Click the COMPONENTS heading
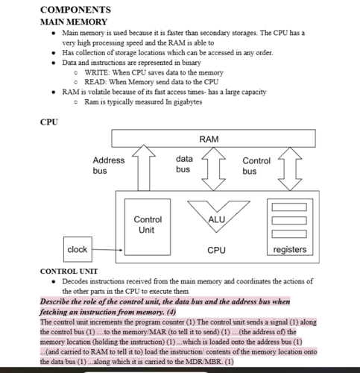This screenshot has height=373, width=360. pyautogui.click(x=75, y=10)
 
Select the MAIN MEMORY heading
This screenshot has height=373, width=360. pyautogui.click(x=74, y=22)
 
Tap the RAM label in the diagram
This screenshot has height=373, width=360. pyautogui.click(x=209, y=139)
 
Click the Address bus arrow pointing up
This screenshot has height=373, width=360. pyautogui.click(x=144, y=168)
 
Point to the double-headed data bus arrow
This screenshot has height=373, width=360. pyautogui.click(x=213, y=169)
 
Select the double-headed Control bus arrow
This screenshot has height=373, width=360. pyautogui.click(x=290, y=169)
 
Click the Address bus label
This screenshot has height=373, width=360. pyautogui.click(x=109, y=166)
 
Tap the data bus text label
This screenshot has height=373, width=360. pyautogui.click(x=184, y=164)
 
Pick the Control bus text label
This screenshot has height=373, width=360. pyautogui.click(x=256, y=166)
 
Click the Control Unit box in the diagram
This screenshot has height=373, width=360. pyautogui.click(x=148, y=227)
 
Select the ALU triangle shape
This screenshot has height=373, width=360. pyautogui.click(x=218, y=216)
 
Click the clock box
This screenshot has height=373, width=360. pyautogui.click(x=78, y=249)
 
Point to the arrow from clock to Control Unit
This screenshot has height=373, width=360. pyautogui.click(x=107, y=250)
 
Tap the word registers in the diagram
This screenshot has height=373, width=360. pyautogui.click(x=290, y=249)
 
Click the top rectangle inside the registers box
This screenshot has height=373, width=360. pyautogui.click(x=289, y=207)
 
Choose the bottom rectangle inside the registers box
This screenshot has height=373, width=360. pyautogui.click(x=289, y=234)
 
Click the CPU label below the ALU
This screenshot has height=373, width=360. pyautogui.click(x=216, y=250)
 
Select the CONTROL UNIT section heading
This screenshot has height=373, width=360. pyautogui.click(x=69, y=271)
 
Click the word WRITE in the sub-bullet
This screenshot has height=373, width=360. pyautogui.click(x=96, y=72)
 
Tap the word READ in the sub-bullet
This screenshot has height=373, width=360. pyautogui.click(x=95, y=82)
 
